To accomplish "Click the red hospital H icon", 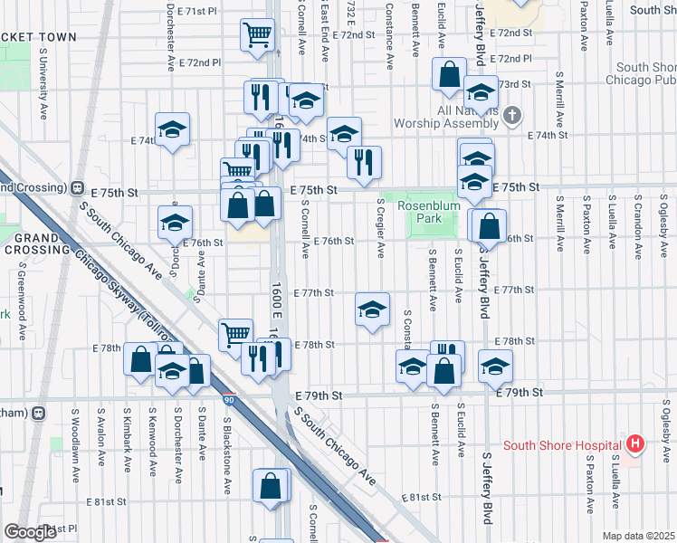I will pos(635,444).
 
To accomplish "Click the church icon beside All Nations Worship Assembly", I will pos(513,115).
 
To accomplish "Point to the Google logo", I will pos(29,532).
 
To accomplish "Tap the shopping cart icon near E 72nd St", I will pos(258,37).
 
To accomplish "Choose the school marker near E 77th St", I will pos(372,310).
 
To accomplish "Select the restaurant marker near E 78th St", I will pos(257,359).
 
